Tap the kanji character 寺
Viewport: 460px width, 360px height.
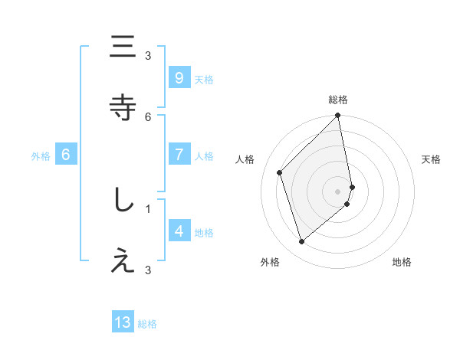[123, 106]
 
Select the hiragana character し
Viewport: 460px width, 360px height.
[123, 201]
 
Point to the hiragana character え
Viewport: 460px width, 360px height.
[123, 261]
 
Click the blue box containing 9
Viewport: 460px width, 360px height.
[179, 78]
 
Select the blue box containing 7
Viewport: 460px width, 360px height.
[179, 155]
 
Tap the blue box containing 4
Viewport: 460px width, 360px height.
[179, 231]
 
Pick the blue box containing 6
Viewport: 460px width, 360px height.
[66, 155]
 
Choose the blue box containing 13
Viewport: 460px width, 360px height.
[123, 322]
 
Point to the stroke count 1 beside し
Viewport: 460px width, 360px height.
[148, 208]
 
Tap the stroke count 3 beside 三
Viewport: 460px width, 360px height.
[148, 55]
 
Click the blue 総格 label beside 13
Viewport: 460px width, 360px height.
[147, 324]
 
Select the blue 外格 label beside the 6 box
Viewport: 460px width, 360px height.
[41, 156]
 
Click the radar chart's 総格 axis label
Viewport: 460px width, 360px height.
[338, 100]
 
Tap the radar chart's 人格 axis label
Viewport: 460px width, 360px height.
[245, 159]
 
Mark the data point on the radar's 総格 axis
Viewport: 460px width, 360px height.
[338, 116]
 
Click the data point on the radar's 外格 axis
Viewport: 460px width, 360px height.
[301, 242]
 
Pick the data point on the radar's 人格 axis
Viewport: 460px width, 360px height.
[280, 172]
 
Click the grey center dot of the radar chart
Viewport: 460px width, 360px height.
[338, 191]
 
